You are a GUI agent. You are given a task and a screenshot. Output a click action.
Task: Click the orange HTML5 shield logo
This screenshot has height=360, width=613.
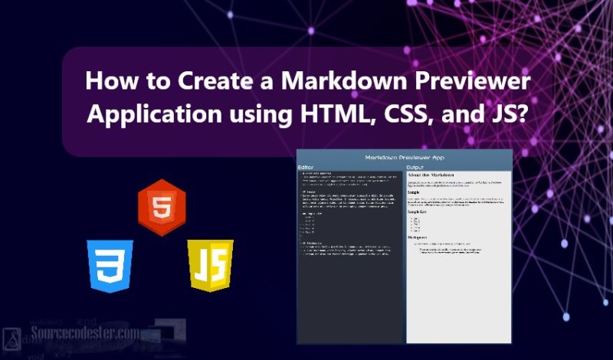[x=162, y=202]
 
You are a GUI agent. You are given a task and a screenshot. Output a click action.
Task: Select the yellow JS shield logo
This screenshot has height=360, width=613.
[x=210, y=265]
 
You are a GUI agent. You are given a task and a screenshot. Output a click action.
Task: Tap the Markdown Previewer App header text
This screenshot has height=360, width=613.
[x=404, y=157]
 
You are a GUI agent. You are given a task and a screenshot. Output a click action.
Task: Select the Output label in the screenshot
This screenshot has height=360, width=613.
[x=415, y=167]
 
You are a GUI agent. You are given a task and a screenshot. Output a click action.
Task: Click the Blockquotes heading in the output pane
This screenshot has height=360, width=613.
[x=419, y=237]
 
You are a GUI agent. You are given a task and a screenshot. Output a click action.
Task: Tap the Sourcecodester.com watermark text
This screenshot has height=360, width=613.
[x=85, y=334]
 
